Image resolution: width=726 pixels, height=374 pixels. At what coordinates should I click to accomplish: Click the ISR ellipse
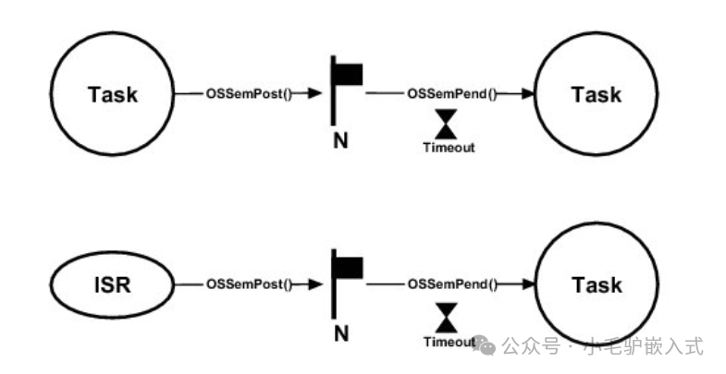(x=111, y=285)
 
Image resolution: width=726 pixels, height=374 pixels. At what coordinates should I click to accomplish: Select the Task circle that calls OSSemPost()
(x=112, y=94)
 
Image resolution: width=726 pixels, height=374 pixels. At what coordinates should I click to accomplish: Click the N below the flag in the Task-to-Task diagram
(x=339, y=141)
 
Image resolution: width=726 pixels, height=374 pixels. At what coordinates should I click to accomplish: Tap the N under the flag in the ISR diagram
(x=340, y=332)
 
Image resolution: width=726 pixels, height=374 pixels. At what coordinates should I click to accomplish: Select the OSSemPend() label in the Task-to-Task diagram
(x=451, y=94)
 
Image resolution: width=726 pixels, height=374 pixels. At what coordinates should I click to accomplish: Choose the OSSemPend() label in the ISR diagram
(x=451, y=285)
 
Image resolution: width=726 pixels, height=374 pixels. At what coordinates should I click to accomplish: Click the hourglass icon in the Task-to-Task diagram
(x=448, y=123)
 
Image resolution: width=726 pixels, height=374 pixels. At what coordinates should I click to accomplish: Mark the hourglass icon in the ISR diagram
(x=448, y=316)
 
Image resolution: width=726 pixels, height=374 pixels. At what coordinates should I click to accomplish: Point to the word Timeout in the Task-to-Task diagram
(x=449, y=147)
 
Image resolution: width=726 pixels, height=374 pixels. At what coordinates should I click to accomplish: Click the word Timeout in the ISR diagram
(x=449, y=343)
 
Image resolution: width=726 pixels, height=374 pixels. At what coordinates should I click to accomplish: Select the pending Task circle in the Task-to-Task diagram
(x=597, y=94)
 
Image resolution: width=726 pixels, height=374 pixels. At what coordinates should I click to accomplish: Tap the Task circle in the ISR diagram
(x=597, y=285)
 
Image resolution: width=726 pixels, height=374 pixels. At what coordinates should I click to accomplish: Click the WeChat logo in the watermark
(x=486, y=346)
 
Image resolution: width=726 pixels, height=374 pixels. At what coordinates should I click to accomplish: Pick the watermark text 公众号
(x=531, y=346)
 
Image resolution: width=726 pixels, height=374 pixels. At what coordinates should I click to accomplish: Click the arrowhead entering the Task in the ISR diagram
(x=530, y=285)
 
